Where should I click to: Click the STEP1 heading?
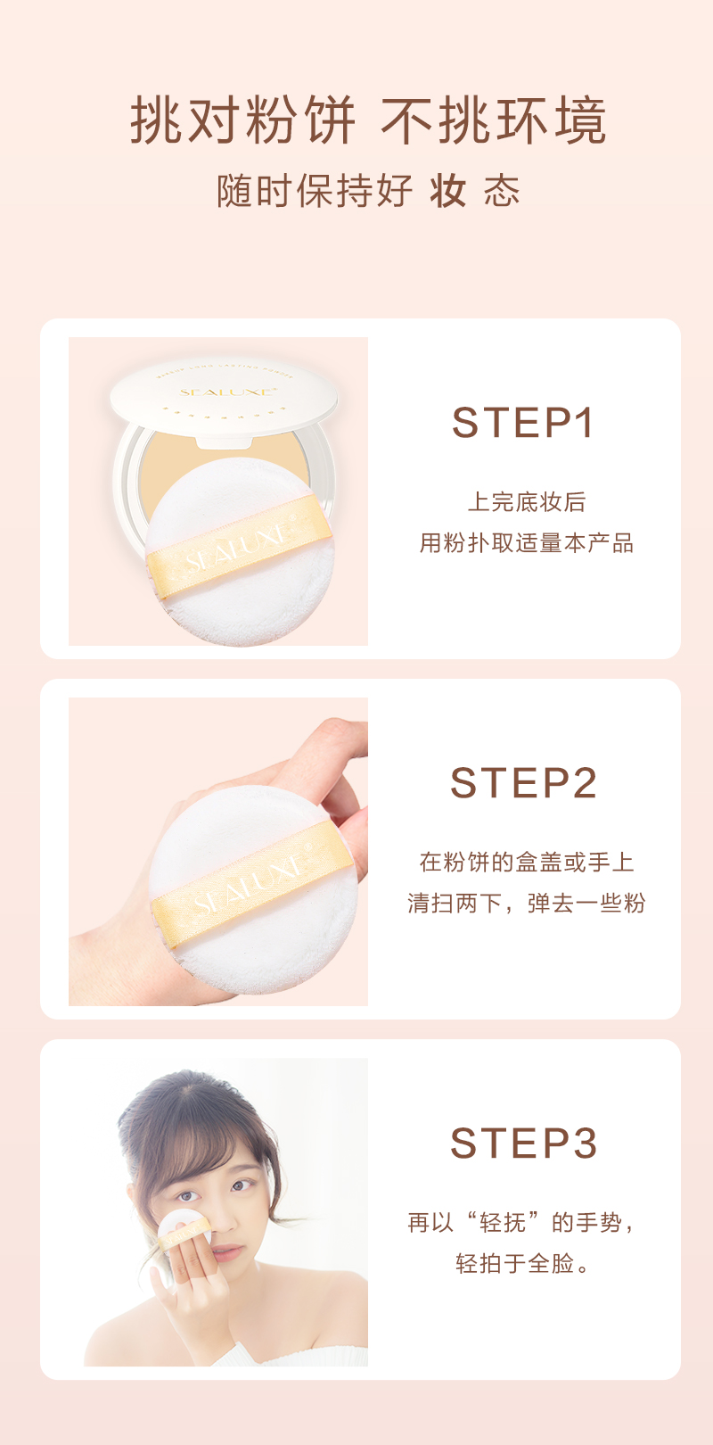click(x=522, y=423)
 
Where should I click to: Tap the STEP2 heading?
click(x=523, y=782)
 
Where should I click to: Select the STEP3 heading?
click(x=523, y=1143)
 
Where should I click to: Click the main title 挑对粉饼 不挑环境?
click(x=368, y=120)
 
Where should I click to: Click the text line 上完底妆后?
click(x=526, y=501)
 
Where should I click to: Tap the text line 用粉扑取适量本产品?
click(x=526, y=542)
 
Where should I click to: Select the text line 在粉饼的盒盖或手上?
click(x=526, y=862)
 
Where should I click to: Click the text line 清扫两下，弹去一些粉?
click(x=526, y=903)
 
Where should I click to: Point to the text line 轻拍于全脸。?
click(x=522, y=1263)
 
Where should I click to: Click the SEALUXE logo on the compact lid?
click(x=228, y=392)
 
